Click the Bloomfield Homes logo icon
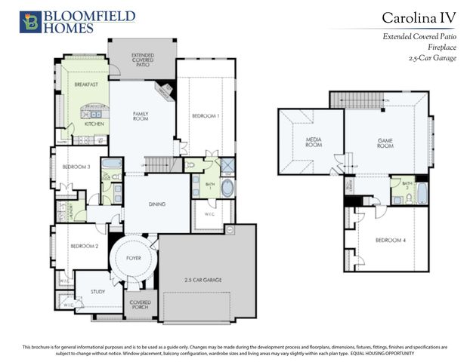click(31, 22)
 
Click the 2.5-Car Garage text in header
click(431, 58)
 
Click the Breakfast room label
click(87, 85)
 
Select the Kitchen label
click(93, 124)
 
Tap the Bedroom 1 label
click(205, 115)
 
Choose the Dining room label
click(156, 204)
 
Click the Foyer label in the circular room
click(134, 258)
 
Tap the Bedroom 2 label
click(85, 247)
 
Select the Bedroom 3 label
click(76, 166)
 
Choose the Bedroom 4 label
click(391, 241)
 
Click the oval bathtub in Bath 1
click(227, 188)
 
